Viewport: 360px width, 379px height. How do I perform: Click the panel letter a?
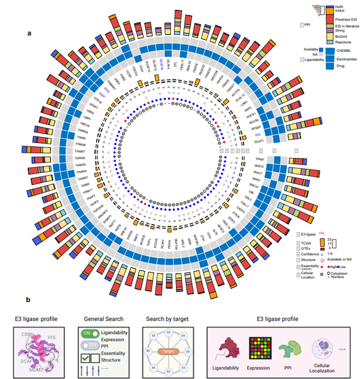click(x=30, y=33)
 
